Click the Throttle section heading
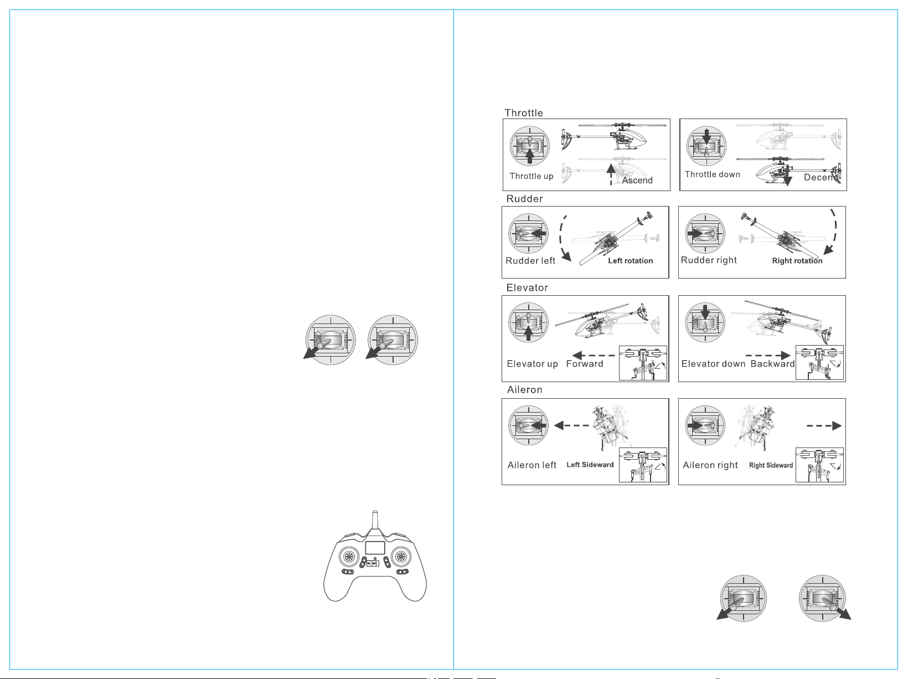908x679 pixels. coord(523,113)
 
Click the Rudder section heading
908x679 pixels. coord(524,199)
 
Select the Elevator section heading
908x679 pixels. coord(527,287)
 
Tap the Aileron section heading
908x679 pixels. coord(524,389)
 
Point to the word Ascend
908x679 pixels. coord(637,181)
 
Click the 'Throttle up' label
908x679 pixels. coord(531,176)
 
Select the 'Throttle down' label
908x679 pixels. coord(713,174)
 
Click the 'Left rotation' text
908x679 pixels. coord(631,261)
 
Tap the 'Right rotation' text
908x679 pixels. coord(797,261)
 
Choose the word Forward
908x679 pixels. coord(585,364)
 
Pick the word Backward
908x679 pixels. coord(772,364)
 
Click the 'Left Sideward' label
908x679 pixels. coord(590,465)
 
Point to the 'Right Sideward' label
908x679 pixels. coord(771,465)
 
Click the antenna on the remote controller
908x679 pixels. coord(375,521)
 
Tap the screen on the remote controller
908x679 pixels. coord(375,548)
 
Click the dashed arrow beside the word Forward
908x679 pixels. coord(594,356)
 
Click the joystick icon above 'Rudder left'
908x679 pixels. coord(528,233)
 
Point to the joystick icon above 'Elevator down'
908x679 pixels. coord(705,322)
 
